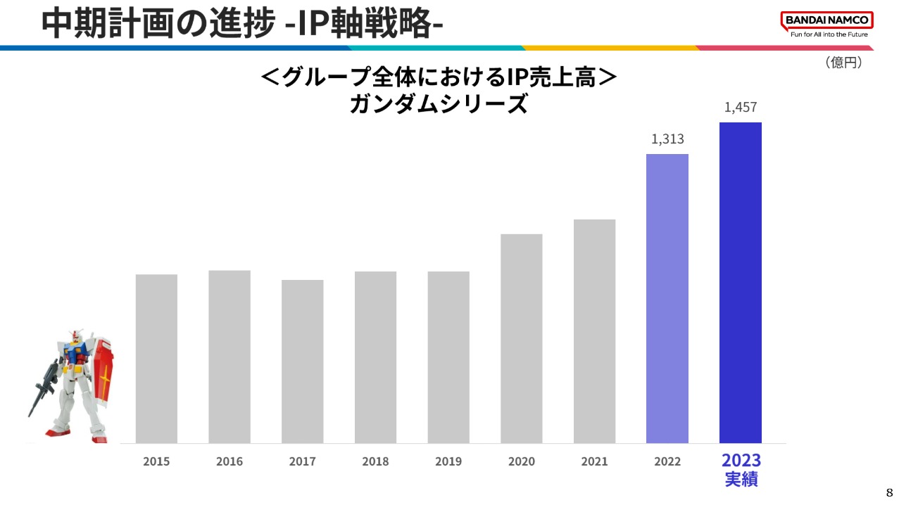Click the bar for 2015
(x=156, y=359)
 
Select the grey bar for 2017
(x=302, y=362)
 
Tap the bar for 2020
(x=521, y=338)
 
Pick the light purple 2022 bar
(x=667, y=298)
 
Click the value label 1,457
(x=740, y=108)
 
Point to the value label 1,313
(x=667, y=139)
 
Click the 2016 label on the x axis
(x=230, y=462)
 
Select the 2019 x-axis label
(x=448, y=462)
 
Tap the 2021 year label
(x=594, y=462)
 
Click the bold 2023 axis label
(x=741, y=461)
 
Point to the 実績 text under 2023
(x=741, y=481)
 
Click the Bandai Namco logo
(x=826, y=20)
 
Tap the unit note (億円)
(x=843, y=63)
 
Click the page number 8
(x=888, y=492)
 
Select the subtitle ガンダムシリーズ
(x=438, y=105)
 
